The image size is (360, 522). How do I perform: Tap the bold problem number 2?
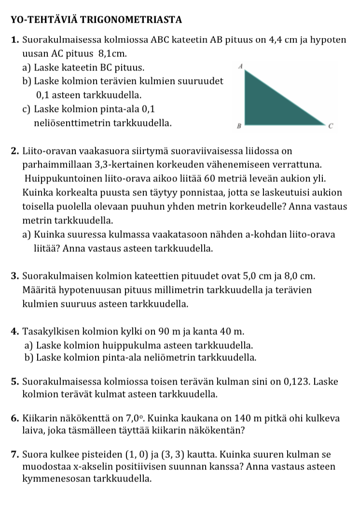coord(14,152)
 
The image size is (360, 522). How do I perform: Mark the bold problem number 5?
coord(14,382)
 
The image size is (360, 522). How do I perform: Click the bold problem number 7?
coord(14,454)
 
